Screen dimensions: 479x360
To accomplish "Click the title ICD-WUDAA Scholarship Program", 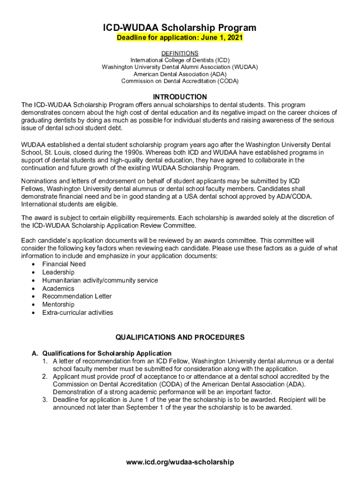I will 180,28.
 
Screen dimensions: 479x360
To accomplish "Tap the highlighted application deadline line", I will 180,38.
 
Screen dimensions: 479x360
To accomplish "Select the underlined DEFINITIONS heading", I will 180,53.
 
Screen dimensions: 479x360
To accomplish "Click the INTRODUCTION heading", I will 180,97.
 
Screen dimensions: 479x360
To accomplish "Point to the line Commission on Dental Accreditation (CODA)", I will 180,81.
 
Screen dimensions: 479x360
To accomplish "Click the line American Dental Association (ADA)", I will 180,74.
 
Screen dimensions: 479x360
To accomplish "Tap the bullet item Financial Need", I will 64,264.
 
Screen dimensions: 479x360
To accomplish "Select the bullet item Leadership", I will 58,272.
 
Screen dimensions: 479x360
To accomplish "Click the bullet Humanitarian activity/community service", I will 100,280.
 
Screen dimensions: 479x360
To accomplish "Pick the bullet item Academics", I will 58,289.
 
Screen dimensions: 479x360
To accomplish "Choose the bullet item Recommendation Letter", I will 77,296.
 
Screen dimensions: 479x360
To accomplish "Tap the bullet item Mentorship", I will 58,305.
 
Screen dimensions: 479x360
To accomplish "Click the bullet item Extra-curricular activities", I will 78,312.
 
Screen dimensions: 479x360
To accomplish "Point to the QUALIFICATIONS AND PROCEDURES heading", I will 180,337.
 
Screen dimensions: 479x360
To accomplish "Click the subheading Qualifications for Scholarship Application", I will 107,353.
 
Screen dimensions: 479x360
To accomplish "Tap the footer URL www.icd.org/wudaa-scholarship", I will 180,462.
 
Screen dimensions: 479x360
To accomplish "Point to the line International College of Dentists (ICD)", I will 180,60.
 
